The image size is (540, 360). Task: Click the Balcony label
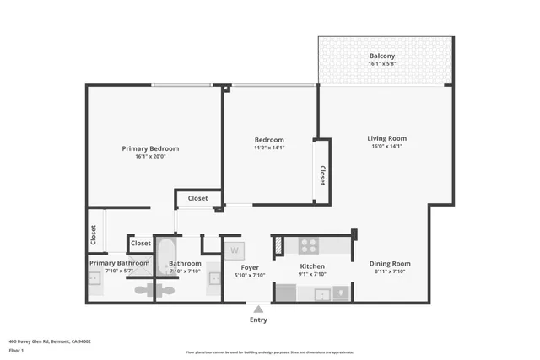381,56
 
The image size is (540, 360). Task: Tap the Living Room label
386,138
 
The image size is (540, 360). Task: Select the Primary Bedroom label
150,148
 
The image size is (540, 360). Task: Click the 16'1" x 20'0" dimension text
150,157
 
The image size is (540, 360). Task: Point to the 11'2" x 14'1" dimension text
269,148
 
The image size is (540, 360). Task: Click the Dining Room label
390,264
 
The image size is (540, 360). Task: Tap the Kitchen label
312,266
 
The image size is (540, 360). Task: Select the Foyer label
250,266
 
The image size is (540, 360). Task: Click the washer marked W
235,250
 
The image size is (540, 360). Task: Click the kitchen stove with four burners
309,245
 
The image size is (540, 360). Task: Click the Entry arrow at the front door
258,309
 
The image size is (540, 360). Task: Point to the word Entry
258,320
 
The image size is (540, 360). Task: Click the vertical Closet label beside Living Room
322,174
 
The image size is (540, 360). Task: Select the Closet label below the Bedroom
197,199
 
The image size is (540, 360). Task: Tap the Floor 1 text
16,350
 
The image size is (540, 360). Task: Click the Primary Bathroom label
119,263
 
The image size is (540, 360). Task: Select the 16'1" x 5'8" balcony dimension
381,64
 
